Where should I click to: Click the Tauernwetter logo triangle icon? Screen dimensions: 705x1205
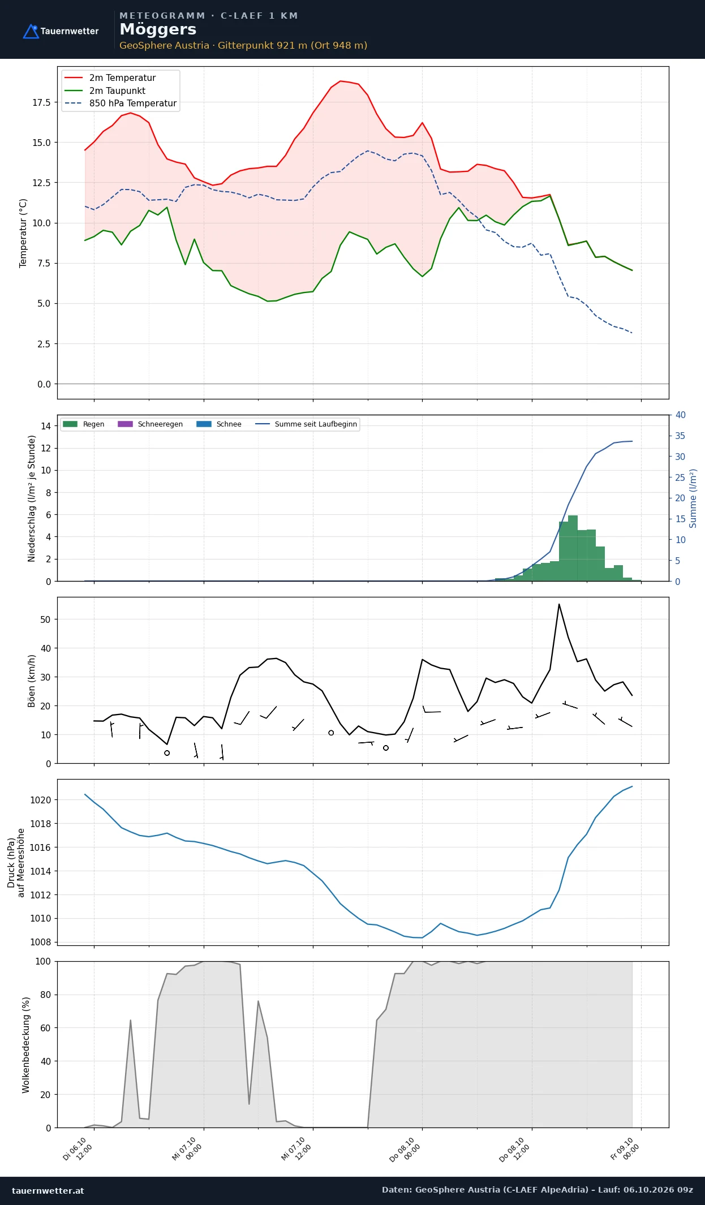[31, 31]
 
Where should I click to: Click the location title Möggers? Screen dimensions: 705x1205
[158, 29]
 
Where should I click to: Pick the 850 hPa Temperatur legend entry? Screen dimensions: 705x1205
[121, 104]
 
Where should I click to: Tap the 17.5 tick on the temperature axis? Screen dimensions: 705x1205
[41, 102]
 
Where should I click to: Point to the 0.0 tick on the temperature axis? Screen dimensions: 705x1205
[44, 384]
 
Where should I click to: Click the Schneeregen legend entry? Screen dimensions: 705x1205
[151, 424]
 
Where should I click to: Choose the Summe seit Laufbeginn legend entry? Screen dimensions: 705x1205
[306, 424]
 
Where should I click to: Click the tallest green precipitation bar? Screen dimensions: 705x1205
[573, 548]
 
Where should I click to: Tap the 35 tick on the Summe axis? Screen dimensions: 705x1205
[680, 436]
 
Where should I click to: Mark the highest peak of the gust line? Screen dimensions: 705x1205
[559, 604]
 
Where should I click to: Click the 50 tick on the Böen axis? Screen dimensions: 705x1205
[45, 619]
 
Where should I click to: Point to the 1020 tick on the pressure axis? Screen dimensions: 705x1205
[40, 800]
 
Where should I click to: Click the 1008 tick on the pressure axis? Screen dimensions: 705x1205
[40, 942]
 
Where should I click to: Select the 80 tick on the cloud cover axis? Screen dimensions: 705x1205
[45, 995]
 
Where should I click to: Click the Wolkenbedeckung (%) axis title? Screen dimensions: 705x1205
[26, 1045]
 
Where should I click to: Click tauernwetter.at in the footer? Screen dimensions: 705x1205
[48, 1190]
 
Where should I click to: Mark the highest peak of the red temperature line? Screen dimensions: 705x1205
[340, 81]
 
